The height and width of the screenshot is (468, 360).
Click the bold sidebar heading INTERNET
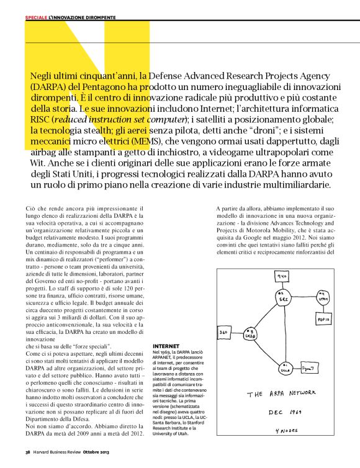pyautogui.click(x=166, y=345)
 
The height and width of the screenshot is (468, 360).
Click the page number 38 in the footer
pyautogui.click(x=28, y=452)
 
